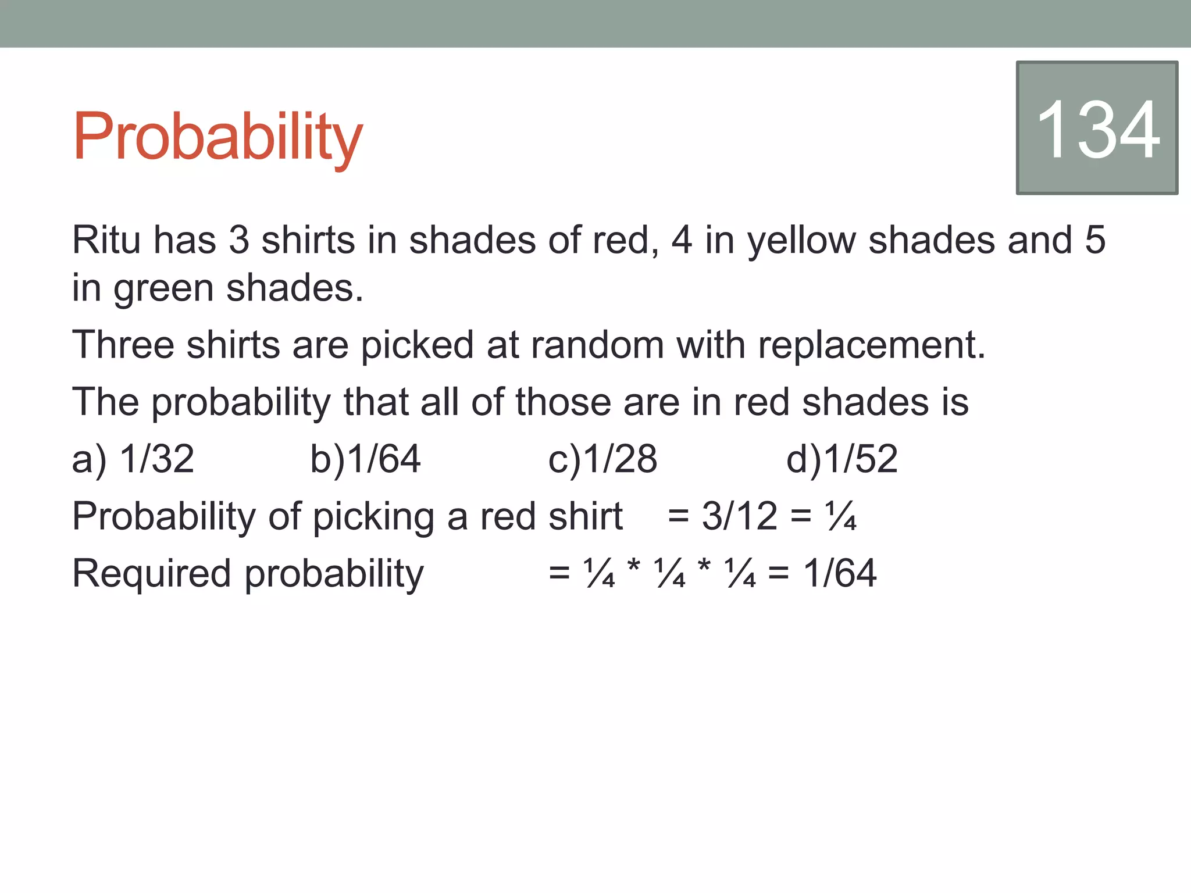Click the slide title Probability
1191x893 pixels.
[217, 137]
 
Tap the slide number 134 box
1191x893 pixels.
[1097, 128]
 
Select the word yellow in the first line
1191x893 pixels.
[801, 241]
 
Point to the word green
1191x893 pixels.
[163, 289]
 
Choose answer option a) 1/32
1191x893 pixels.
[133, 459]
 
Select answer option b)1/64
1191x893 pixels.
[365, 459]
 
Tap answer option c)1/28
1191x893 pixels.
[602, 459]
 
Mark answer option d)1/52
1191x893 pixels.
[841, 459]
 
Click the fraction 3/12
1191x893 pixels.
[739, 516]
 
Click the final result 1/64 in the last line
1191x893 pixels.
[840, 573]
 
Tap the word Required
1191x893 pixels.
[152, 573]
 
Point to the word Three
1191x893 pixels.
[123, 344]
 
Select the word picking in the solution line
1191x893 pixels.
[373, 517]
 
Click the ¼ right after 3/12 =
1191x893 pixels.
[840, 516]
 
